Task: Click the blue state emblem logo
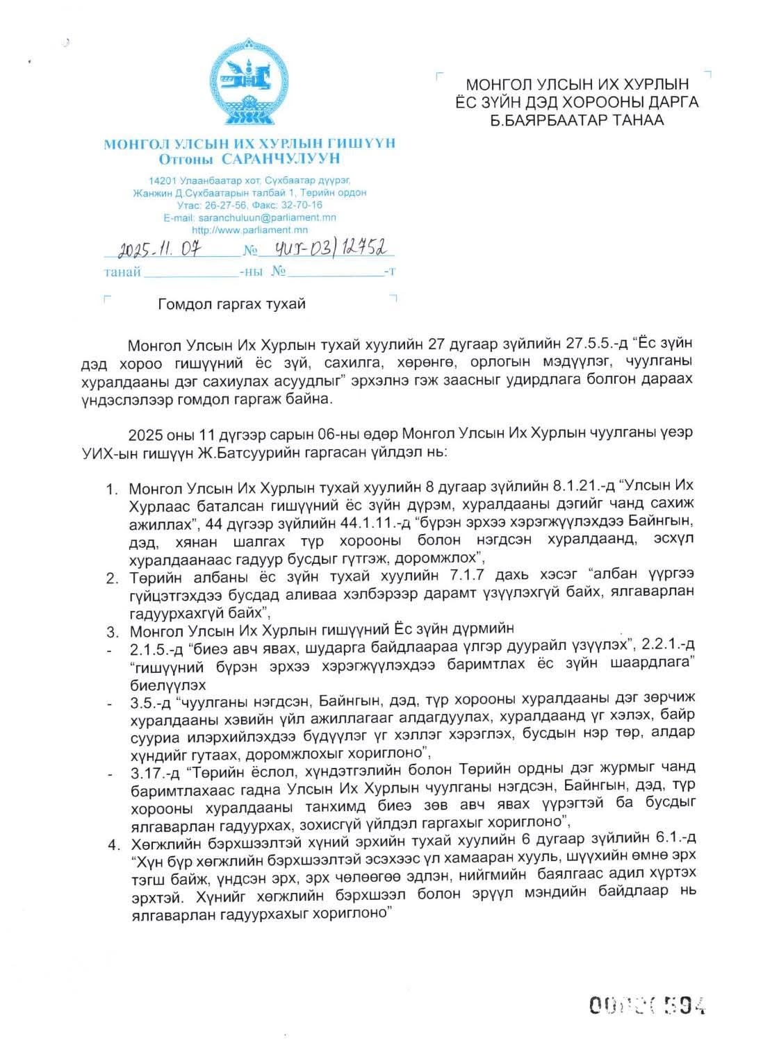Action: click(x=249, y=82)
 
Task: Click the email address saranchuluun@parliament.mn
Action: click(x=267, y=217)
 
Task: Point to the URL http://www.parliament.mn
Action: click(x=249, y=230)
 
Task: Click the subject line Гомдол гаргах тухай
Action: click(x=231, y=304)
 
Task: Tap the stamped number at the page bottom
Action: click(x=647, y=1004)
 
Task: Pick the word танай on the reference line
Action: click(x=122, y=272)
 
